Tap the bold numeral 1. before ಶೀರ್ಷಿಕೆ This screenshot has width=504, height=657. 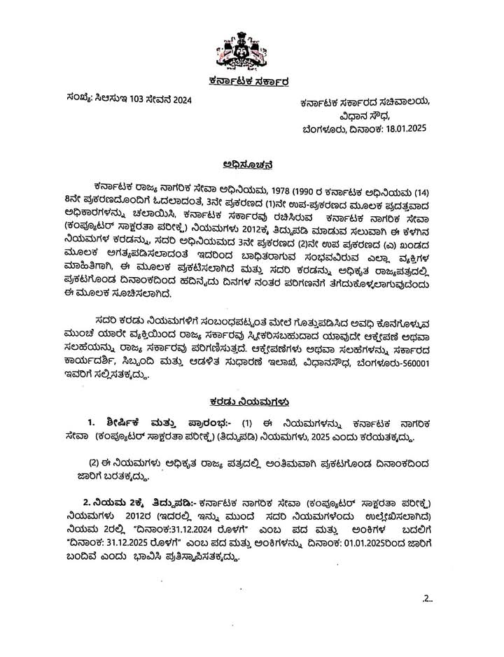pos(90,424)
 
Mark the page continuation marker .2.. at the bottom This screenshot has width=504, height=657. pos(428,598)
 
